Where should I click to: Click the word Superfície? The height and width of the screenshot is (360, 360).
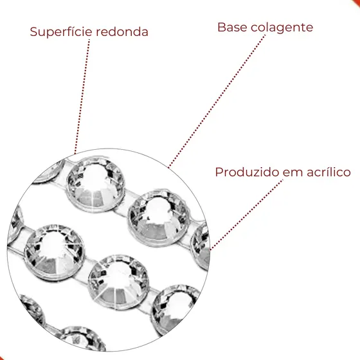coord(61,32)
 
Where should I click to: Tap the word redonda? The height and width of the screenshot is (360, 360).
coord(122,32)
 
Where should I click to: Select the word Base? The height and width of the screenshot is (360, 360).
coord(232,27)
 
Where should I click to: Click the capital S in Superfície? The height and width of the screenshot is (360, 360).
coord(33,32)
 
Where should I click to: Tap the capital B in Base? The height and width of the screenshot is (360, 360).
coord(221,27)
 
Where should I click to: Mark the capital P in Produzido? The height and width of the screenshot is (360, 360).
coord(219,172)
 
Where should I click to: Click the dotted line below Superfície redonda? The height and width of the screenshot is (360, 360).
coord(82,96)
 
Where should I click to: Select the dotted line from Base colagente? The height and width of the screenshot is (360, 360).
coord(217,101)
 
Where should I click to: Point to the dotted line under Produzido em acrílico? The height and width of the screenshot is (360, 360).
coord(246,215)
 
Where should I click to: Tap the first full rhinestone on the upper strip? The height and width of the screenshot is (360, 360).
coord(96,184)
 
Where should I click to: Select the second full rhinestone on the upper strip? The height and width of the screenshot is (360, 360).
coord(159,217)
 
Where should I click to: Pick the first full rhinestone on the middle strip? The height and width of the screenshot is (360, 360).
coord(55,252)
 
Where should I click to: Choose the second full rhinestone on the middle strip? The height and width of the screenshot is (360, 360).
coord(118,282)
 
